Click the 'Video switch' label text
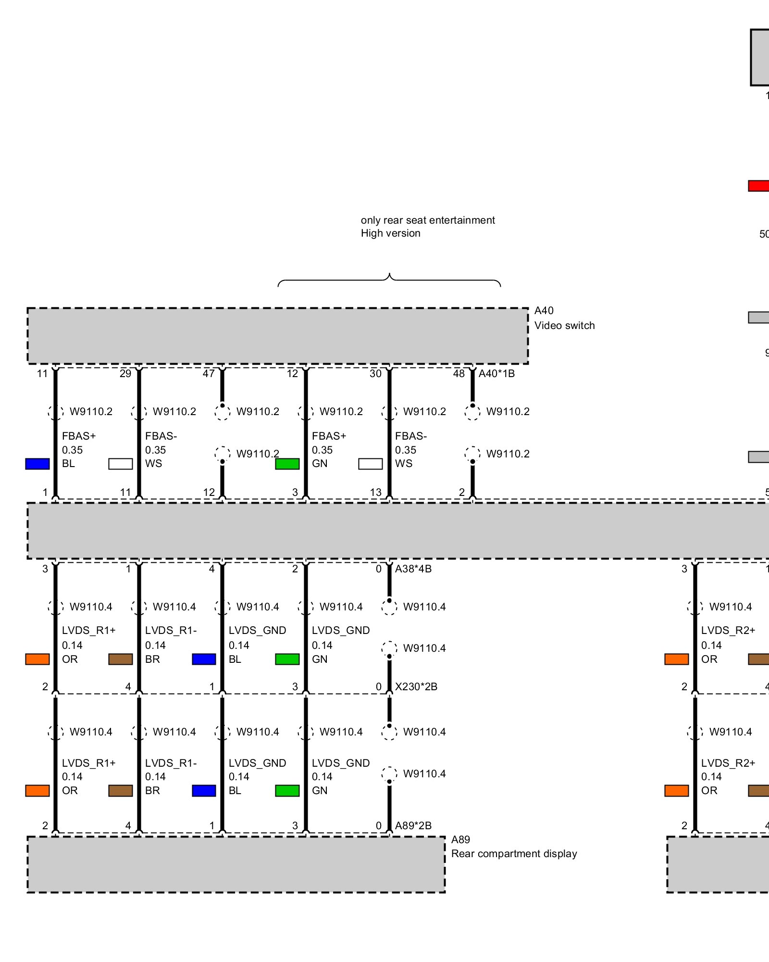click(564, 326)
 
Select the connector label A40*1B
click(496, 374)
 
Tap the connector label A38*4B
click(413, 569)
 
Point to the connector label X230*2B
click(416, 687)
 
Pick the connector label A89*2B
click(413, 826)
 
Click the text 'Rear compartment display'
click(514, 854)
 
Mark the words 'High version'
click(390, 233)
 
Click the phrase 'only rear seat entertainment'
click(428, 220)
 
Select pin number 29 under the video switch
click(125, 374)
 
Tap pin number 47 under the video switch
click(209, 374)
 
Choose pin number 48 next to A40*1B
click(459, 374)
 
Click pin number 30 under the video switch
click(375, 374)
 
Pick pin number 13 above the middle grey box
click(375, 493)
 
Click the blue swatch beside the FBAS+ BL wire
click(37, 464)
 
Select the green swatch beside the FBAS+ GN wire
click(287, 464)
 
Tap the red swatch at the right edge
click(759, 186)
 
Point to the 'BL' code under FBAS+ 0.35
click(68, 464)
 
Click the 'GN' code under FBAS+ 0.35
click(320, 464)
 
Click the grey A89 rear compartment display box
click(236, 865)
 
